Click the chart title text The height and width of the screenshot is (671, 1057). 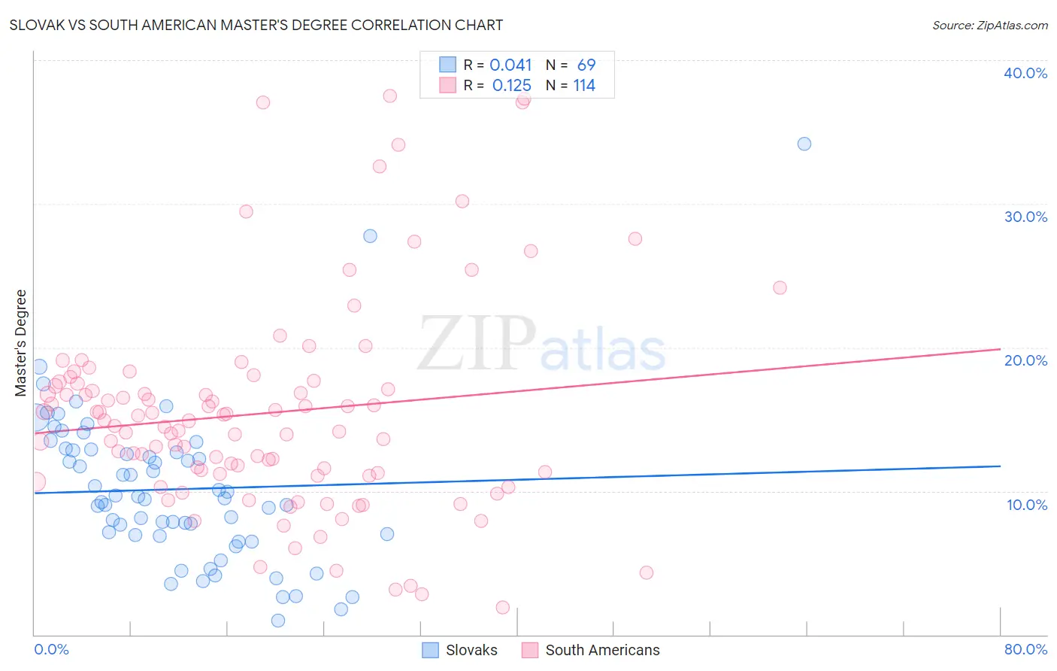(x=256, y=25)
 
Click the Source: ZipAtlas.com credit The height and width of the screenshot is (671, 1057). (x=989, y=25)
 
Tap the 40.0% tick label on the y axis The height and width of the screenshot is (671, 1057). (x=1025, y=73)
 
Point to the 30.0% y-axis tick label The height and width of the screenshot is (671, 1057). (x=1025, y=217)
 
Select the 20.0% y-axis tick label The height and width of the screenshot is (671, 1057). (x=1025, y=360)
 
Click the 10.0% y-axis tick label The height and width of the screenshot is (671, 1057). (x=1026, y=505)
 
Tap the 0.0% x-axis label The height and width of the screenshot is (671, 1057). (x=51, y=649)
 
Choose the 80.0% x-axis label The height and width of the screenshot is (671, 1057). (x=1025, y=649)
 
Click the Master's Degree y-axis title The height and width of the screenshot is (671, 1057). (x=21, y=342)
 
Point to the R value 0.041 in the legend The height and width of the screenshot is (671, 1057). (x=510, y=65)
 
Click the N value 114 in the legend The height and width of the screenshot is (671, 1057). (x=584, y=86)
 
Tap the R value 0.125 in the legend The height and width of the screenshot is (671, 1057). (x=511, y=86)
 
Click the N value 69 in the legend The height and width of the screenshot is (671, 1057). (x=586, y=65)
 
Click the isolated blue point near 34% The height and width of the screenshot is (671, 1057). (x=804, y=144)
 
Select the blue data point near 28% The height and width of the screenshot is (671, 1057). (x=370, y=235)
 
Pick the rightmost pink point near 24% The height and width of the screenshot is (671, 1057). (x=780, y=287)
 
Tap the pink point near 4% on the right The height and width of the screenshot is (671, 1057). (x=646, y=572)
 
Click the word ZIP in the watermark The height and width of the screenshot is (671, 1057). (x=477, y=343)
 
